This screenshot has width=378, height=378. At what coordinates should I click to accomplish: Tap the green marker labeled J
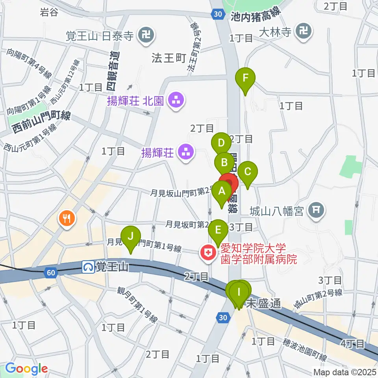(132, 237)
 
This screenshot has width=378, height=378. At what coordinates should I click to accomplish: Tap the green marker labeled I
(239, 293)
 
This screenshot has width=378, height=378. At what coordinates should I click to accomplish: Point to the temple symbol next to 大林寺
(304, 31)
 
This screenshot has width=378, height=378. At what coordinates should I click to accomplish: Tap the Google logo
(26, 369)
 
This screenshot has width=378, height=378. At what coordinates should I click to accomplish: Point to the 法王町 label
(169, 58)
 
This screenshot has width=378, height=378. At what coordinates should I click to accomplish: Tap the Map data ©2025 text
(345, 372)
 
